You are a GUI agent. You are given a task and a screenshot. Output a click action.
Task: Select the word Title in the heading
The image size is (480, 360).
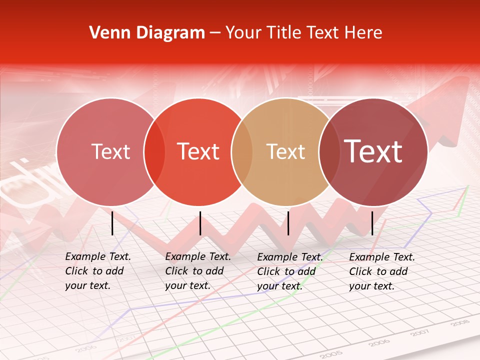(x=285, y=32)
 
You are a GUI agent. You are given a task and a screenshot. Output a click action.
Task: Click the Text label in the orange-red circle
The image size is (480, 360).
(x=198, y=151)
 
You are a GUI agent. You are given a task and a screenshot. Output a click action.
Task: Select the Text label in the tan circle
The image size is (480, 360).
(x=285, y=151)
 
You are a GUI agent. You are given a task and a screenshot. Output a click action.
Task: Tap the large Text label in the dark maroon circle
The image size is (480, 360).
(x=373, y=151)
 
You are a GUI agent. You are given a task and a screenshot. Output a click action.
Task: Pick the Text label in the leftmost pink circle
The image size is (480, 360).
(x=110, y=151)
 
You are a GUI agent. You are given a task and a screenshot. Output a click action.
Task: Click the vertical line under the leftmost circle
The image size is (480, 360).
(x=112, y=223)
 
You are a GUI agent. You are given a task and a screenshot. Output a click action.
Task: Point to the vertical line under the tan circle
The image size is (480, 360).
(x=288, y=223)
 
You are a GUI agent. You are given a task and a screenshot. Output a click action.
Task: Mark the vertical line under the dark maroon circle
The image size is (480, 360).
(x=372, y=223)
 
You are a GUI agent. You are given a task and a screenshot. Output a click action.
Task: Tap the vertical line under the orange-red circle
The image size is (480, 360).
(x=200, y=223)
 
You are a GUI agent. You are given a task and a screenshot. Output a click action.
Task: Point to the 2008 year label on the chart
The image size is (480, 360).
(x=459, y=323)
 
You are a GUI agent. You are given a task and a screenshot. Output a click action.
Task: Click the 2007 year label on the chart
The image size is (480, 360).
(x=420, y=332)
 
